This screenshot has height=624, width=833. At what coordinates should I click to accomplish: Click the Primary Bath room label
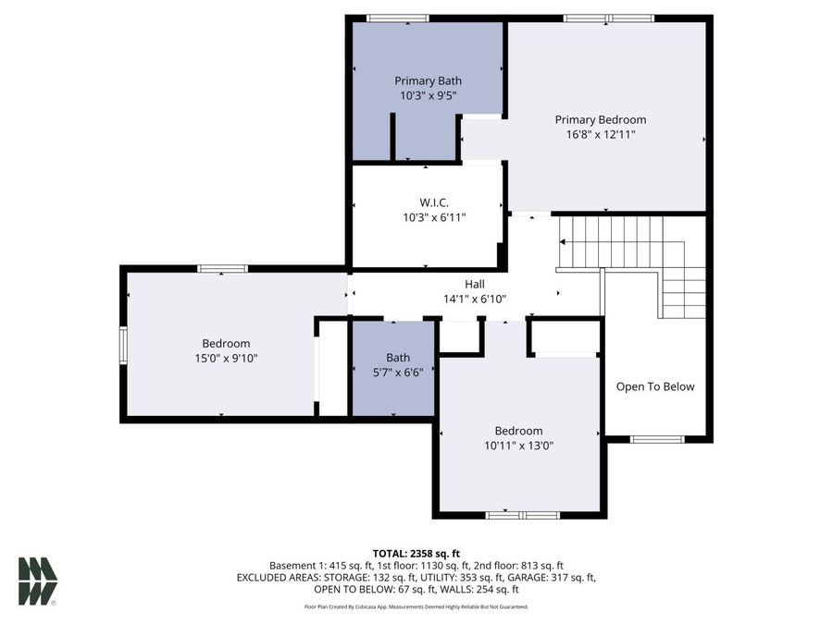(x=428, y=80)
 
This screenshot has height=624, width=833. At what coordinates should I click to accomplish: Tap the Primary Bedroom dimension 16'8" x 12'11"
(x=601, y=135)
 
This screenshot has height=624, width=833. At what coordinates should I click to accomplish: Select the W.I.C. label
(x=433, y=202)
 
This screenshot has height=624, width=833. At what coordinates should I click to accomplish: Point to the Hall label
(x=474, y=284)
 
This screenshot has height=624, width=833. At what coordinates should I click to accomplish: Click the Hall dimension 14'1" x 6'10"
(x=474, y=299)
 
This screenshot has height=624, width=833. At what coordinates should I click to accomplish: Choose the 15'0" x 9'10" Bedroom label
(x=226, y=343)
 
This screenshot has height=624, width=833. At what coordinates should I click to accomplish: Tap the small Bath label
(x=398, y=358)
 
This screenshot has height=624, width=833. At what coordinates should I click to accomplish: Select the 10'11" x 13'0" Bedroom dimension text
(x=518, y=446)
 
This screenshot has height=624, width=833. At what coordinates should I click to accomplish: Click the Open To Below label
(x=655, y=386)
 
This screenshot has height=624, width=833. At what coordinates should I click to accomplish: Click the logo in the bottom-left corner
(x=38, y=581)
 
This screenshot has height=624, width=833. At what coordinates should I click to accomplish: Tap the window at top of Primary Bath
(x=398, y=18)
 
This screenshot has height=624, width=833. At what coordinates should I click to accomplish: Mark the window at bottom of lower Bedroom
(x=519, y=514)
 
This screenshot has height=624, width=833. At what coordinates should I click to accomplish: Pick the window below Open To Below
(x=656, y=439)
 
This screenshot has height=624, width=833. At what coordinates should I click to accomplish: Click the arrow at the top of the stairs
(x=564, y=242)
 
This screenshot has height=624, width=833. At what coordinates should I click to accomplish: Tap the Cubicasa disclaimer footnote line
(x=416, y=607)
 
